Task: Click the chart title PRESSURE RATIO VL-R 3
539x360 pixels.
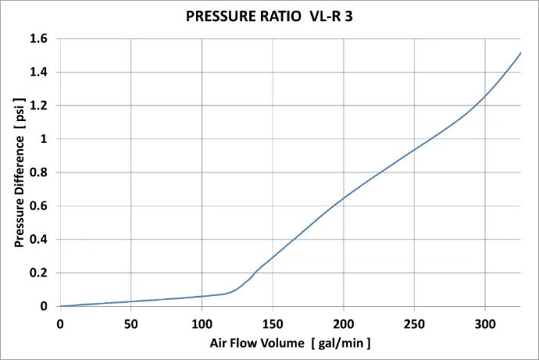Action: click(269, 16)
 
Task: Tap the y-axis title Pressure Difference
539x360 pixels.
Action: click(20, 173)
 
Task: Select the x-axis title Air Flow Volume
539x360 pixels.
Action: click(290, 343)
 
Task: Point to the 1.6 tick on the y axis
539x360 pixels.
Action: click(39, 38)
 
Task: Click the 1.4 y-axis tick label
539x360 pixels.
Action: click(39, 72)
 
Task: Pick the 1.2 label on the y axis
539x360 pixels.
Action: click(39, 105)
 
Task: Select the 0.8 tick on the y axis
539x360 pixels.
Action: click(39, 173)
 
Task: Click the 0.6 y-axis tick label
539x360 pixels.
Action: click(39, 206)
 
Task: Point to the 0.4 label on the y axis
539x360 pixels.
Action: click(39, 240)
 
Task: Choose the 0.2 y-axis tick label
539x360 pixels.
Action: click(39, 273)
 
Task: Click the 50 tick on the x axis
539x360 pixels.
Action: click(130, 323)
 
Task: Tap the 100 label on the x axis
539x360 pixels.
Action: click(202, 323)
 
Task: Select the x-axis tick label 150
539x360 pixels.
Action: click(273, 323)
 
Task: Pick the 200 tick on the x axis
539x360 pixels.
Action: click(344, 323)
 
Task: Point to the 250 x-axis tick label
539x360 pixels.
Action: click(414, 323)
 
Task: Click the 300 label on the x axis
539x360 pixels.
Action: click(485, 323)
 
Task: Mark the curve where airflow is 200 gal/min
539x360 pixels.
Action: click(344, 198)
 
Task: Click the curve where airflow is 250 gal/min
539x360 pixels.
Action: click(414, 149)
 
